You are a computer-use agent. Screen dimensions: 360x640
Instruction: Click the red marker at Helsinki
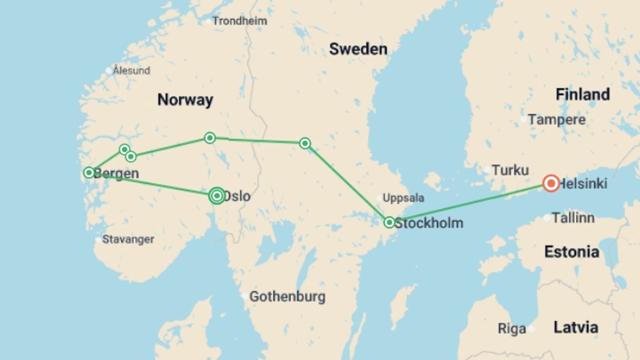point(551,183)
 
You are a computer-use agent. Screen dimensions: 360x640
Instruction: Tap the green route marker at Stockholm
point(389,222)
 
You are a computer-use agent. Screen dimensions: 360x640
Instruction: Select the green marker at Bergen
point(89,173)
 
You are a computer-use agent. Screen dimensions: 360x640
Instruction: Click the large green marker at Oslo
point(217,196)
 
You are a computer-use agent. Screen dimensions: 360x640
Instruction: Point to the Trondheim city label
point(239,21)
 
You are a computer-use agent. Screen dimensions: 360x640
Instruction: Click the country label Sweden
point(358,49)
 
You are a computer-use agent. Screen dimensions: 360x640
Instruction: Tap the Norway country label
point(185,100)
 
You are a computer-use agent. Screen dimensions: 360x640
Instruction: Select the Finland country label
point(582,94)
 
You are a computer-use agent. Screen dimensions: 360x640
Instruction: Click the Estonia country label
point(571,252)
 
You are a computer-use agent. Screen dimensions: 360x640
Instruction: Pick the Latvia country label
point(575,327)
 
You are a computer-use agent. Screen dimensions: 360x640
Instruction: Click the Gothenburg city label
point(287,296)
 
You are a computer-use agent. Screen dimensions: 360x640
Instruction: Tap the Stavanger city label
point(128,239)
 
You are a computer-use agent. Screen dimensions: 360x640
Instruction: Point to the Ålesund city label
point(131,70)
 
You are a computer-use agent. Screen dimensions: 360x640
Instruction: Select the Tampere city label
point(556,119)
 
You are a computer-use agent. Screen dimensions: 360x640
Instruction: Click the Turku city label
point(510,170)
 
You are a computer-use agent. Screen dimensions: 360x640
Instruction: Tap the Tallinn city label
point(573,218)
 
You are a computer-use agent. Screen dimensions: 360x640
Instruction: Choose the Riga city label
point(512,328)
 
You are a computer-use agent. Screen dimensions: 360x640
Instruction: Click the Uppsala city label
point(403,198)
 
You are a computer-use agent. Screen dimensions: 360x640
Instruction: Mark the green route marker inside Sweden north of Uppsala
point(305,143)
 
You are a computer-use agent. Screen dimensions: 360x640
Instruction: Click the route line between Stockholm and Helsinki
point(470,203)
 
